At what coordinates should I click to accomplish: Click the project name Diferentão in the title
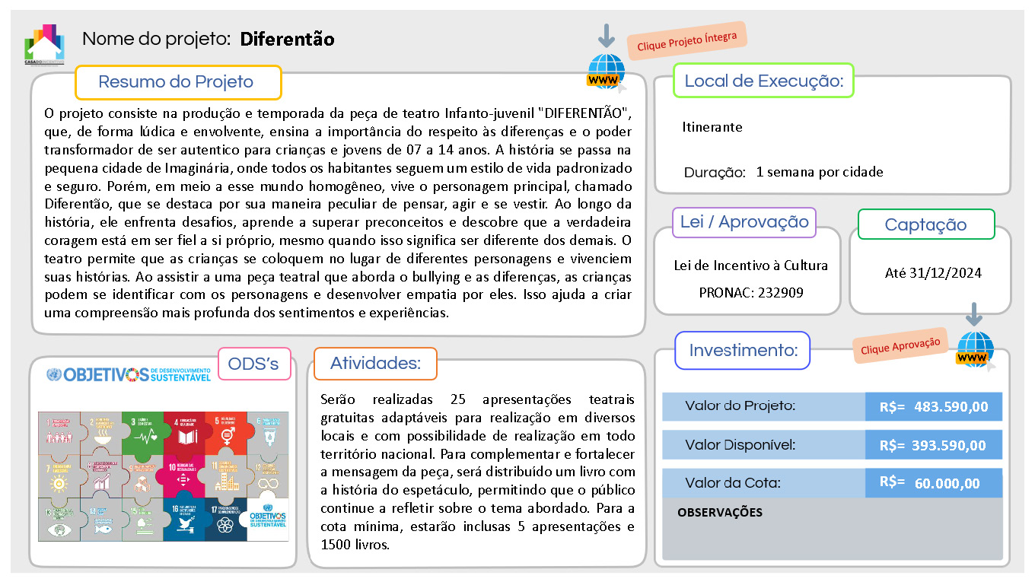287,39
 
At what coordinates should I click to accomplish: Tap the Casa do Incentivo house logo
44,44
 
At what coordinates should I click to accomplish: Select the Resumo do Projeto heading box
177,82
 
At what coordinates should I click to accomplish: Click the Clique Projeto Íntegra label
687,41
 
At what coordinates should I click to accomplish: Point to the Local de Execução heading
763,81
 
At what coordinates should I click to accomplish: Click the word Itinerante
712,127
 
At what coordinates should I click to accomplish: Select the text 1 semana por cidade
820,172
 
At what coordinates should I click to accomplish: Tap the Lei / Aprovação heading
744,222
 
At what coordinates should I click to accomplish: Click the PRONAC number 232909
780,292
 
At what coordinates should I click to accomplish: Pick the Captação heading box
925,224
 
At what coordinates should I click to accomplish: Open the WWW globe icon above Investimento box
975,351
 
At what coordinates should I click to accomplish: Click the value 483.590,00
951,407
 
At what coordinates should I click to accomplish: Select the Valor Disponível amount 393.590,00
948,446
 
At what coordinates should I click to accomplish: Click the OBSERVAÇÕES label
719,512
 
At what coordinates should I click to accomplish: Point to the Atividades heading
375,364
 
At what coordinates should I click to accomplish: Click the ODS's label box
254,364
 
